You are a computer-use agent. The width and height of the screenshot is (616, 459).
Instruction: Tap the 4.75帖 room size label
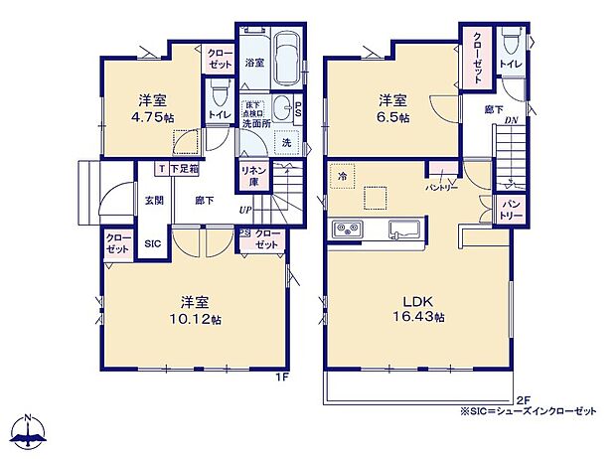(x=151, y=115)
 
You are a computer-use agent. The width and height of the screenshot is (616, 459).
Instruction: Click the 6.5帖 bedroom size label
(x=390, y=115)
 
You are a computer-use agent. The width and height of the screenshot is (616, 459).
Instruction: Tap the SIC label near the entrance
(x=153, y=243)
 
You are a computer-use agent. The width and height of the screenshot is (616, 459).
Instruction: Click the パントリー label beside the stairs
(x=511, y=210)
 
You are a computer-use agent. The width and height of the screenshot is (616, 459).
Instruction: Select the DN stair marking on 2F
(x=511, y=121)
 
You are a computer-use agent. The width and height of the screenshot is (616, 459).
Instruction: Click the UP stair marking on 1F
(x=243, y=210)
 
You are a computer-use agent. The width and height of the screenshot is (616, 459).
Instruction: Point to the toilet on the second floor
(x=511, y=42)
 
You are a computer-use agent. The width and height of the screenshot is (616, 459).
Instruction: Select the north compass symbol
(x=30, y=429)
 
